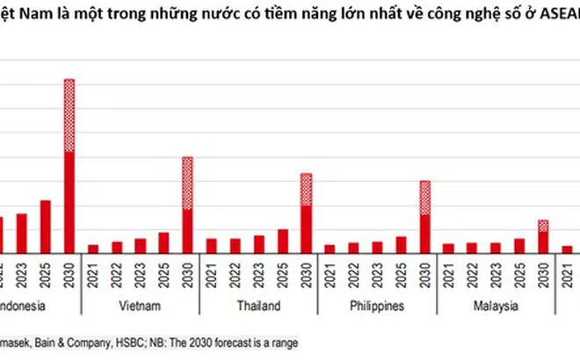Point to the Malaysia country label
497,306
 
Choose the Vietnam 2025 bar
163,242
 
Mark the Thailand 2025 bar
282,241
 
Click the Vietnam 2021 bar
93,248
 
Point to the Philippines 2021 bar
330,248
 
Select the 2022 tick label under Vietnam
117,274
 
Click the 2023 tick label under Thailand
258,274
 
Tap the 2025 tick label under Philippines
401,274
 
